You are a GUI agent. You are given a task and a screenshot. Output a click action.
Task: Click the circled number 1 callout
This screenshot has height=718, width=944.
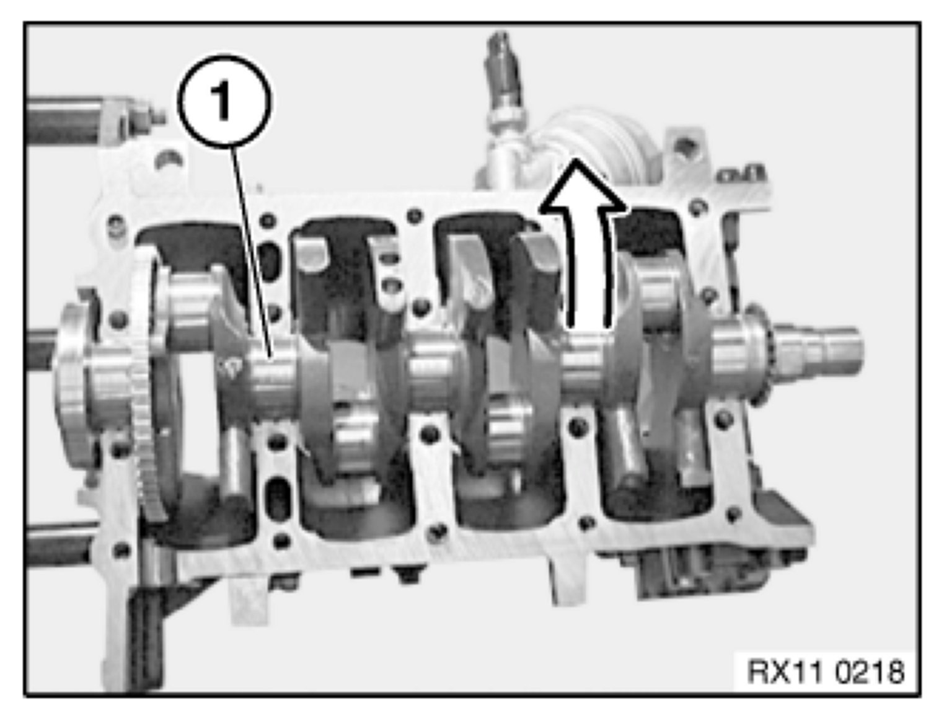pyautogui.click(x=225, y=102)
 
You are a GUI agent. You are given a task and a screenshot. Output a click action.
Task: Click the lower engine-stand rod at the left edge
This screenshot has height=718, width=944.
pyautogui.click(x=60, y=544)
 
